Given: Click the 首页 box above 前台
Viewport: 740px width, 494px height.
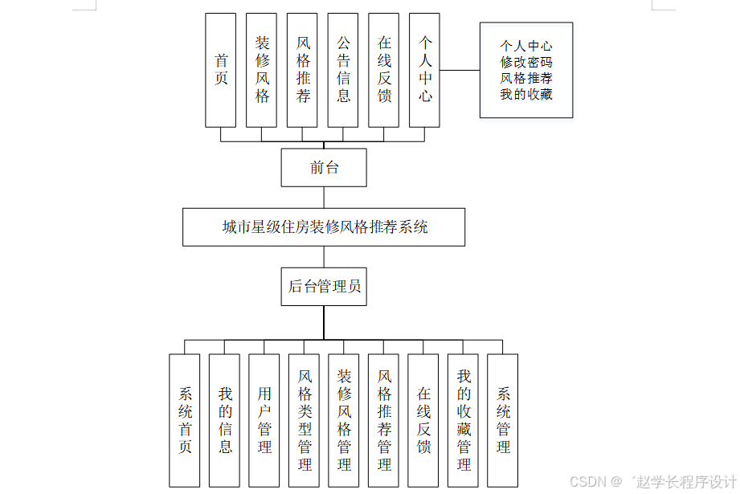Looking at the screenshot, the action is (221, 70).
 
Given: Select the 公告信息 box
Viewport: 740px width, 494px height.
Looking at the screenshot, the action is (343, 70).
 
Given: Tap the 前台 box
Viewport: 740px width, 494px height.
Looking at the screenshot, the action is (324, 167).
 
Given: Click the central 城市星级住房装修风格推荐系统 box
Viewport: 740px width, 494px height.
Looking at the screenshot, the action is (324, 227).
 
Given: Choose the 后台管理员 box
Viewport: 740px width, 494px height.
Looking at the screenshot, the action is (324, 287).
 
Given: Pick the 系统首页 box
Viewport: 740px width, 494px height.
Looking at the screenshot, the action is (185, 420).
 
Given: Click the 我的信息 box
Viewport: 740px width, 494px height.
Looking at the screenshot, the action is (225, 420).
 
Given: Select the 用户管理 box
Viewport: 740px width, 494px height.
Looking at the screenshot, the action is (264, 420).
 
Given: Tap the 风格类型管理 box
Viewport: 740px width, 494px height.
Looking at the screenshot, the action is (305, 420).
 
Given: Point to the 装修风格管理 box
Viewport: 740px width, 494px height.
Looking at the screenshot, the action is (344, 420).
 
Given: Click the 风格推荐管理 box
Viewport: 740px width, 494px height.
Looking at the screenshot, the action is (384, 420).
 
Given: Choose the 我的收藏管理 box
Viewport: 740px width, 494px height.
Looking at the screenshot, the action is (464, 420).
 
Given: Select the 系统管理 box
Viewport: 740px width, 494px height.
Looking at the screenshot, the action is (503, 420).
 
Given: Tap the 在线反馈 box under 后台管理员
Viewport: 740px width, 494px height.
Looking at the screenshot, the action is (423, 420).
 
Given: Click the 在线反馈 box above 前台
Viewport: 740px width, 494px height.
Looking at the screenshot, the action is (384, 70).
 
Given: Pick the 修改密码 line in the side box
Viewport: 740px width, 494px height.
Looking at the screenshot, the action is (526, 62).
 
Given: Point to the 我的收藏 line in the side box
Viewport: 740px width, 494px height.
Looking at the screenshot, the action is (526, 94).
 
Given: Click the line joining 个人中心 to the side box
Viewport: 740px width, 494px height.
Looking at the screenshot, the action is (460, 70).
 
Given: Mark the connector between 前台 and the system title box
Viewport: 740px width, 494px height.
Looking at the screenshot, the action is (324, 198).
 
